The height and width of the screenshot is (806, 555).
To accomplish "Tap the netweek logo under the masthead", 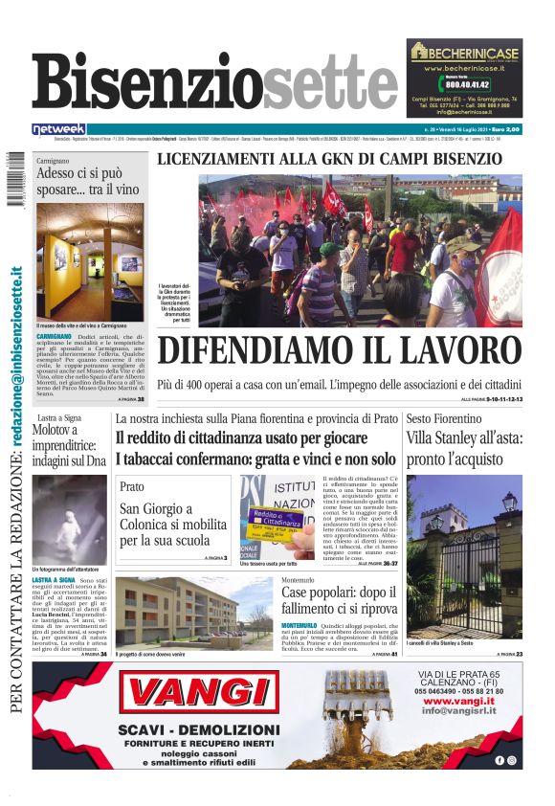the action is (59, 128).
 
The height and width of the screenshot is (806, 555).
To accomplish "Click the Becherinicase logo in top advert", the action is (464, 53).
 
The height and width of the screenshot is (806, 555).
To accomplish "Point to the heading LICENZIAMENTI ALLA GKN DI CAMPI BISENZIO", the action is (329, 159).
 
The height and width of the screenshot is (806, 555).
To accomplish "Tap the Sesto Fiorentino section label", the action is (445, 419).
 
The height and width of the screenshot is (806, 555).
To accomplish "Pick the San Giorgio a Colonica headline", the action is (163, 526).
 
